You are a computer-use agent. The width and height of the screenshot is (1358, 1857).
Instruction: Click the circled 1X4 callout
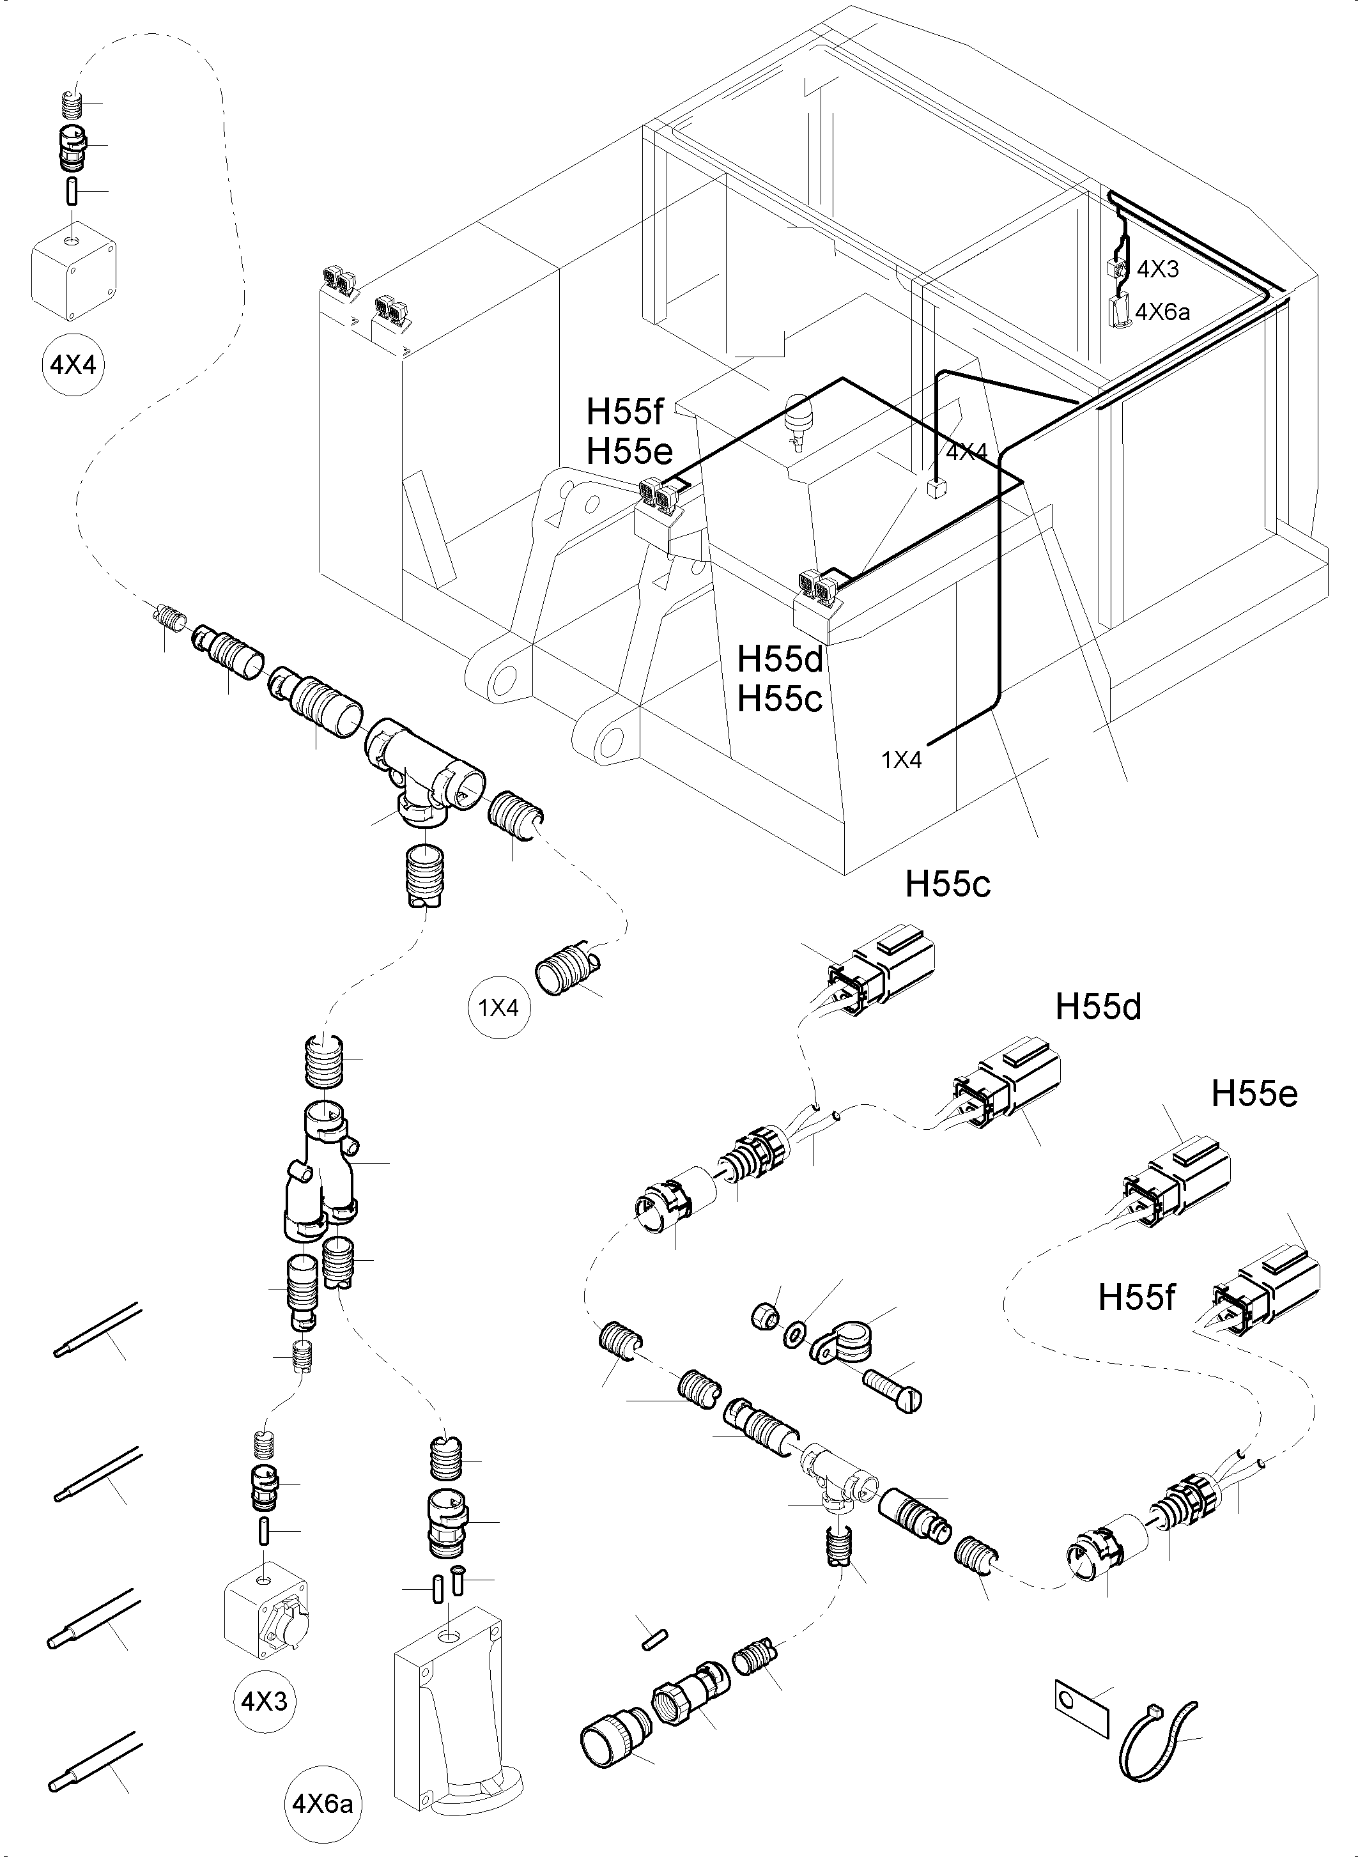tap(499, 1007)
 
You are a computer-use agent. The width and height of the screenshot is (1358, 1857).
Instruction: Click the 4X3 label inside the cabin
tap(1157, 269)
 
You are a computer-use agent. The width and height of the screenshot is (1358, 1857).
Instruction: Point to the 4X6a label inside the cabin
tap(1162, 312)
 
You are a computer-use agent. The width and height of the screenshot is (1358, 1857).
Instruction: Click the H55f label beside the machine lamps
tap(626, 408)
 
